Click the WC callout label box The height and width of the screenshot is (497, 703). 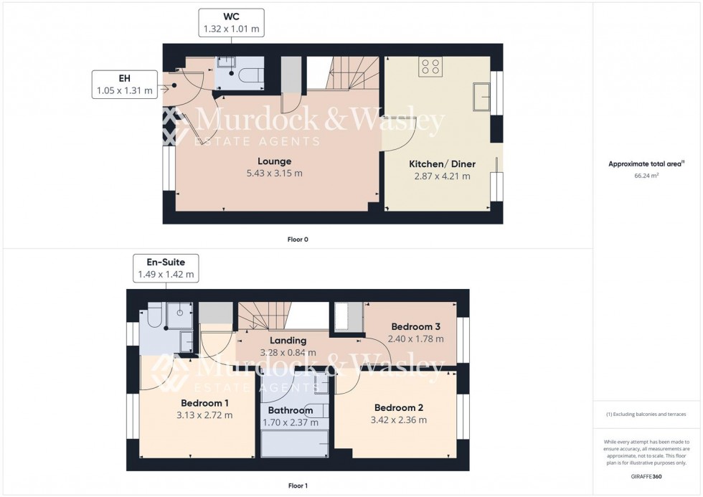coord(231,22)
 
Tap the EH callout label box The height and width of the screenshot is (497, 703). coord(125,85)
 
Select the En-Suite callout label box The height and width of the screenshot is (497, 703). coord(165,268)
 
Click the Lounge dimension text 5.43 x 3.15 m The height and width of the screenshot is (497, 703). coord(275,173)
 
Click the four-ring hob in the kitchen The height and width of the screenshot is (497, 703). coord(430,67)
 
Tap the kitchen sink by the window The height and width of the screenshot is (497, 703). coord(480,94)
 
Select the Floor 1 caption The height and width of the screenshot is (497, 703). coord(297,486)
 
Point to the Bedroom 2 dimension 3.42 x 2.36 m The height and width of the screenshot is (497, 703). coord(399,420)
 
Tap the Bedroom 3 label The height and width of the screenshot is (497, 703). coord(415,327)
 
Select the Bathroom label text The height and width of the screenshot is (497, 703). coord(291,411)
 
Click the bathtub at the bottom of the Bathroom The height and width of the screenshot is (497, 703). coord(295,445)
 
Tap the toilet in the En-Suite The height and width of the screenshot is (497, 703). coord(154,315)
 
